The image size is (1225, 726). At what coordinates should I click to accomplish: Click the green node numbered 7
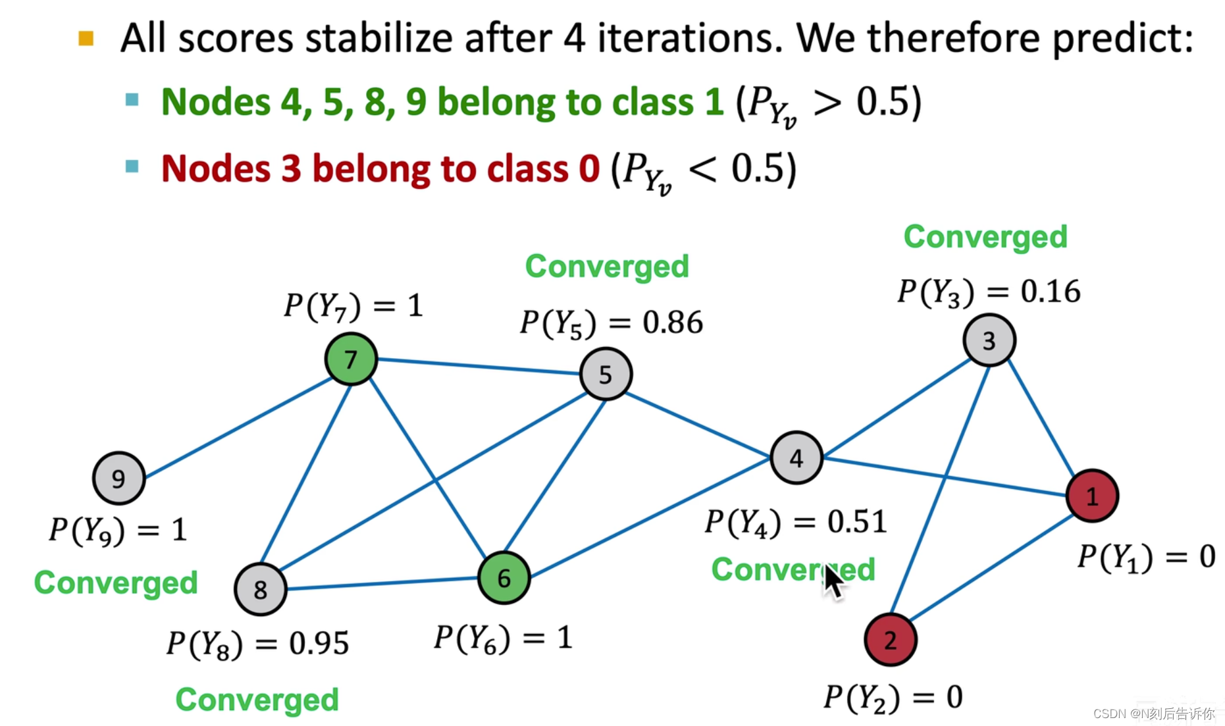point(351,359)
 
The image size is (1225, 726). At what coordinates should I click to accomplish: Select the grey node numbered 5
point(606,375)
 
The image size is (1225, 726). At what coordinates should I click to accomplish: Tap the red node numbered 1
point(1091,496)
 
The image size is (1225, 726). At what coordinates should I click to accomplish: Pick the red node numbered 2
point(890,640)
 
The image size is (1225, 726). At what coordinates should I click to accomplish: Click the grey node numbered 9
point(118,479)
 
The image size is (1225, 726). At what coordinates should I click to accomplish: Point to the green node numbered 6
point(504,578)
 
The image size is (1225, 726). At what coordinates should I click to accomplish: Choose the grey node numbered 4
point(796,457)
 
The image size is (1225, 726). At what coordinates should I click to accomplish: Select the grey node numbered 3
point(989,340)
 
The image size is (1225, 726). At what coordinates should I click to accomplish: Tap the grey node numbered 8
point(260,589)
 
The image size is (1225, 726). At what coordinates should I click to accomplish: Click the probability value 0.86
point(673,323)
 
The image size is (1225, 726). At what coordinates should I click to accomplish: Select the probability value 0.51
point(856,522)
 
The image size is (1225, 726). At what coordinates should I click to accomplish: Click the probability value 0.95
point(319,643)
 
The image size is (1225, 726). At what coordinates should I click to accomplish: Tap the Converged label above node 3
point(985,237)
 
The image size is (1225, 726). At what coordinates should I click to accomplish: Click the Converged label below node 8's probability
point(257,700)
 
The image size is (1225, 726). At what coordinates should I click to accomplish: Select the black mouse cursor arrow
point(833,583)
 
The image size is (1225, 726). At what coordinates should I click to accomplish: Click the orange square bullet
point(86,39)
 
